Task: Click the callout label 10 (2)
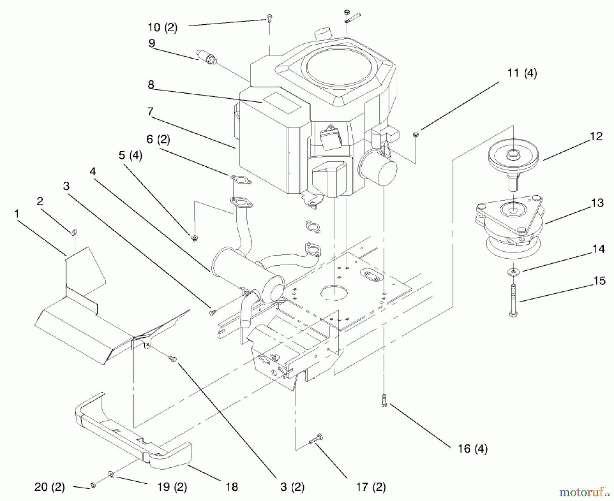[x=163, y=27]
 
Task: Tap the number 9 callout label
[x=152, y=43]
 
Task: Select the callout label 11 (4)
[x=522, y=73]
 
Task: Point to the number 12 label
[x=596, y=136]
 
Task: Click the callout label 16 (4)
[x=473, y=449]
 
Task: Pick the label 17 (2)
[x=371, y=487]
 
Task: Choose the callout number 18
[x=232, y=487]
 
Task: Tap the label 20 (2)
[x=49, y=487]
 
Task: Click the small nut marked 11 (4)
[x=415, y=135]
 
